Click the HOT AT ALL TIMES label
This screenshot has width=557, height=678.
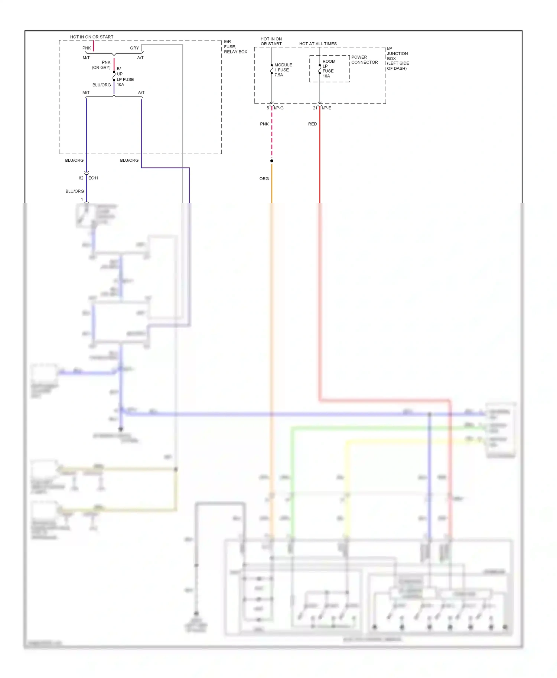click(x=318, y=44)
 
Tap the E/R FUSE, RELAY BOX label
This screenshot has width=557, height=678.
click(x=235, y=47)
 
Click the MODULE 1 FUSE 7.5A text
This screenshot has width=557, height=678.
click(x=283, y=70)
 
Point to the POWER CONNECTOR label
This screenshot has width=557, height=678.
click(x=364, y=60)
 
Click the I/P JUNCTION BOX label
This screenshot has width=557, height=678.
click(x=397, y=58)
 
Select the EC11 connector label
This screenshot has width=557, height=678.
click(x=94, y=178)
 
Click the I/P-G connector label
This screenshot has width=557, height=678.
click(x=279, y=108)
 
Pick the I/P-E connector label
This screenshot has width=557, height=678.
click(x=326, y=108)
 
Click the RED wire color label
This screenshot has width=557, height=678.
click(x=312, y=124)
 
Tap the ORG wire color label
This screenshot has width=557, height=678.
click(x=264, y=179)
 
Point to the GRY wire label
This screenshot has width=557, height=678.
click(x=134, y=48)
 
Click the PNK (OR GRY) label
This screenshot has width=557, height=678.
click(x=102, y=65)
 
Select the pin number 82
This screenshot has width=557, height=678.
click(x=81, y=178)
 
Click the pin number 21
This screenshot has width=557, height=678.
click(x=315, y=108)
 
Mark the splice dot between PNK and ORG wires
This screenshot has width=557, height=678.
click(x=272, y=161)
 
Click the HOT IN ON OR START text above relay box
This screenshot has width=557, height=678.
click(x=92, y=37)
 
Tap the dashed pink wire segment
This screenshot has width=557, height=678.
click(x=272, y=134)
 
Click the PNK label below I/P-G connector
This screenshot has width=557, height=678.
click(x=264, y=124)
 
